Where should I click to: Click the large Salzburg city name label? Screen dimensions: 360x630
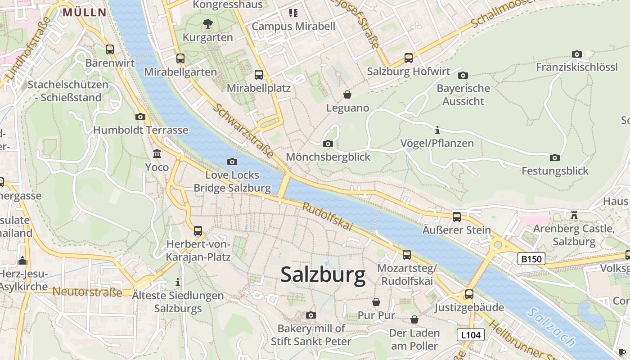[x=323, y=274]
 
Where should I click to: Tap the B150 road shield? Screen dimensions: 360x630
[x=531, y=259]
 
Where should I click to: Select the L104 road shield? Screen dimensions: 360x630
[x=471, y=335]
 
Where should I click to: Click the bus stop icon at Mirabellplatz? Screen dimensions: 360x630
[x=259, y=75]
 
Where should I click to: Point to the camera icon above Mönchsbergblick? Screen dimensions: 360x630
[x=328, y=144]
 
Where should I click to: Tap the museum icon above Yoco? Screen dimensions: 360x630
[x=157, y=154]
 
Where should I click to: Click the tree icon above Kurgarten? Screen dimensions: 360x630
[x=207, y=24]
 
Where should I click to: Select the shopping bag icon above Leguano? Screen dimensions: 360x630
[x=347, y=94]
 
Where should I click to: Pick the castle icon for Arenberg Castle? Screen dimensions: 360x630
[x=574, y=215]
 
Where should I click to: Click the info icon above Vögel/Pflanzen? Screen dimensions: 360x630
[x=437, y=130]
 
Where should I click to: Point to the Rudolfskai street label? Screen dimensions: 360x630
[x=327, y=217]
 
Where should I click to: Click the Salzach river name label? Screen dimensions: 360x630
[x=552, y=327]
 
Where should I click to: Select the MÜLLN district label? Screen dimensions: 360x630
[x=85, y=12]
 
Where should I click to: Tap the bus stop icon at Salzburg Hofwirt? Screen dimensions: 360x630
[x=409, y=58]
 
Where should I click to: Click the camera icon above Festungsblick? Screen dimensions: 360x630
[x=555, y=157]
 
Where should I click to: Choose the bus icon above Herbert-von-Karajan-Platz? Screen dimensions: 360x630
[x=198, y=231]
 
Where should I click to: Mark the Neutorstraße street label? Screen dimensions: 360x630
[x=87, y=292]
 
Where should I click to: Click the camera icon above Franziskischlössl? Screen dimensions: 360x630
[x=577, y=54]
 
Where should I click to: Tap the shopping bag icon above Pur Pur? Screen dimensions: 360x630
[x=376, y=301]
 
